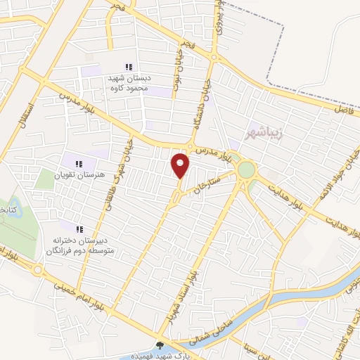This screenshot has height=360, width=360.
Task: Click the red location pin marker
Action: pyautogui.click(x=181, y=165)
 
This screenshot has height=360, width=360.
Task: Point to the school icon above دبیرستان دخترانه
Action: pyautogui.click(x=79, y=229)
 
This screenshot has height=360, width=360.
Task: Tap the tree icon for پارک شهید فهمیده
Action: pyautogui.click(x=162, y=345)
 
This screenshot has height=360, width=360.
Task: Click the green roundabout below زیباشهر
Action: pyautogui.click(x=246, y=169)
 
